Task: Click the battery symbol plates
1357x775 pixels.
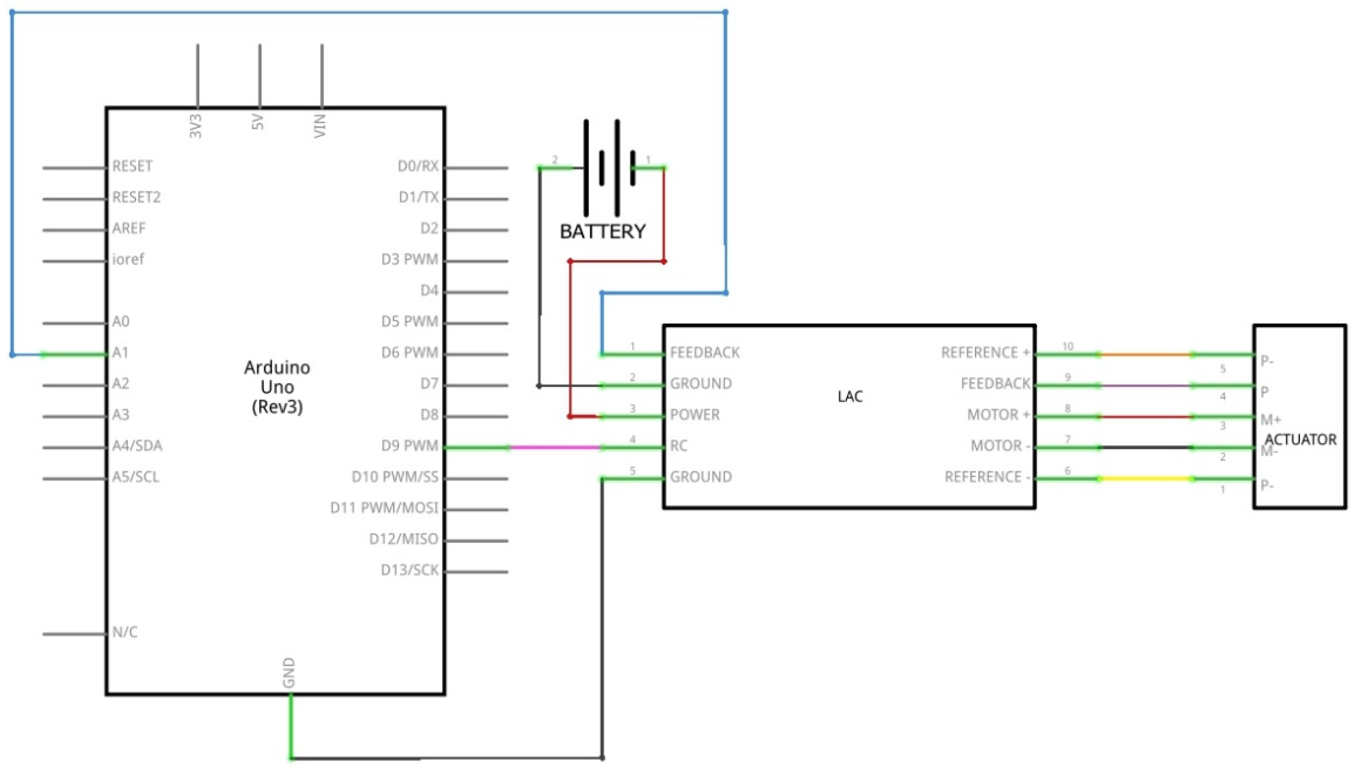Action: click(x=609, y=168)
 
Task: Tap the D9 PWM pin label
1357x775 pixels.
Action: click(x=409, y=446)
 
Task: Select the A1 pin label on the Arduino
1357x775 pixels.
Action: click(x=120, y=352)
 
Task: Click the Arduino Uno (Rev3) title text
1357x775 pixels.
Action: click(x=277, y=387)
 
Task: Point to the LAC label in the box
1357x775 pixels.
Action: click(x=850, y=397)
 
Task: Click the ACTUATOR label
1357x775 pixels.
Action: click(x=1300, y=439)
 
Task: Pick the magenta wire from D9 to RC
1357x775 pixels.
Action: click(x=554, y=447)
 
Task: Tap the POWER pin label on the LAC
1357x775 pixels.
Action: click(x=694, y=415)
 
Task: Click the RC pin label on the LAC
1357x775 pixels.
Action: click(x=678, y=446)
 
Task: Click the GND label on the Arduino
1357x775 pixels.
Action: click(x=288, y=672)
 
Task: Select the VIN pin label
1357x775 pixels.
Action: click(x=320, y=126)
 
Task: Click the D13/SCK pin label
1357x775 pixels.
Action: click(x=409, y=570)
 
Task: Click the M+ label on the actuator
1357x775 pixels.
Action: click(x=1270, y=420)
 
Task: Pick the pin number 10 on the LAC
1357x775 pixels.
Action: click(x=1067, y=347)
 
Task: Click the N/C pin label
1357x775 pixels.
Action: click(x=125, y=632)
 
